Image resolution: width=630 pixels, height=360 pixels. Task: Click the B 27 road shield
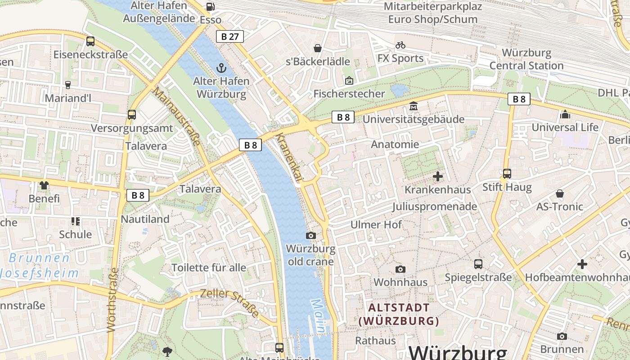coord(230,36)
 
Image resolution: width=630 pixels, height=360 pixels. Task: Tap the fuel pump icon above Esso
coord(210,6)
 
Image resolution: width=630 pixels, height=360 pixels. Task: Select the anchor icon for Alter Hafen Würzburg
coord(221,68)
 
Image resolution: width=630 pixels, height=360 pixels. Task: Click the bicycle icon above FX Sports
coord(400,45)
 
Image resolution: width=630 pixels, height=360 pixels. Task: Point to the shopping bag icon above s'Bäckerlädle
coord(318,48)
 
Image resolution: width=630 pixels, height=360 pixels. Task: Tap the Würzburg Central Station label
coord(526,59)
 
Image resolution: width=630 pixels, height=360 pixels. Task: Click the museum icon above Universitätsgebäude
coord(413,106)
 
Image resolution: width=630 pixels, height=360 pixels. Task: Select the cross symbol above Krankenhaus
coord(437,176)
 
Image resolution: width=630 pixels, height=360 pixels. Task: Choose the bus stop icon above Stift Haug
coord(507,174)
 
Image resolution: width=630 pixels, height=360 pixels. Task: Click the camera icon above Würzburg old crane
coord(310,235)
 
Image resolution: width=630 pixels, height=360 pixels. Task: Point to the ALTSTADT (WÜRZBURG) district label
coord(399,314)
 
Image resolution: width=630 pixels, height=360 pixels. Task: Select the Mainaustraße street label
coord(177,116)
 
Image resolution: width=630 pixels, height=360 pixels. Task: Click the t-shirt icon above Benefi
coord(44,185)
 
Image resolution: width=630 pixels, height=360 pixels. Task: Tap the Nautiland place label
coord(145,219)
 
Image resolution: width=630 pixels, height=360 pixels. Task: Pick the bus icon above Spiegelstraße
coord(478,264)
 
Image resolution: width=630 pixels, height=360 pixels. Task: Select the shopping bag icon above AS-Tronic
coord(559,193)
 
